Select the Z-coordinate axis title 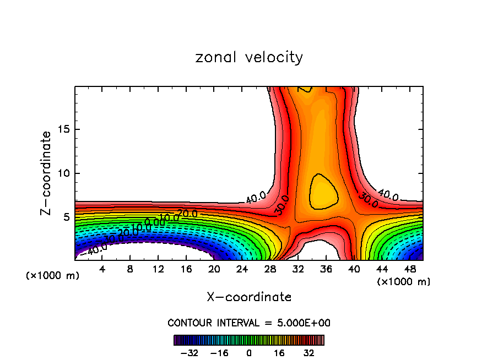pos(47,173)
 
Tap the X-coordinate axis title pos(249,297)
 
